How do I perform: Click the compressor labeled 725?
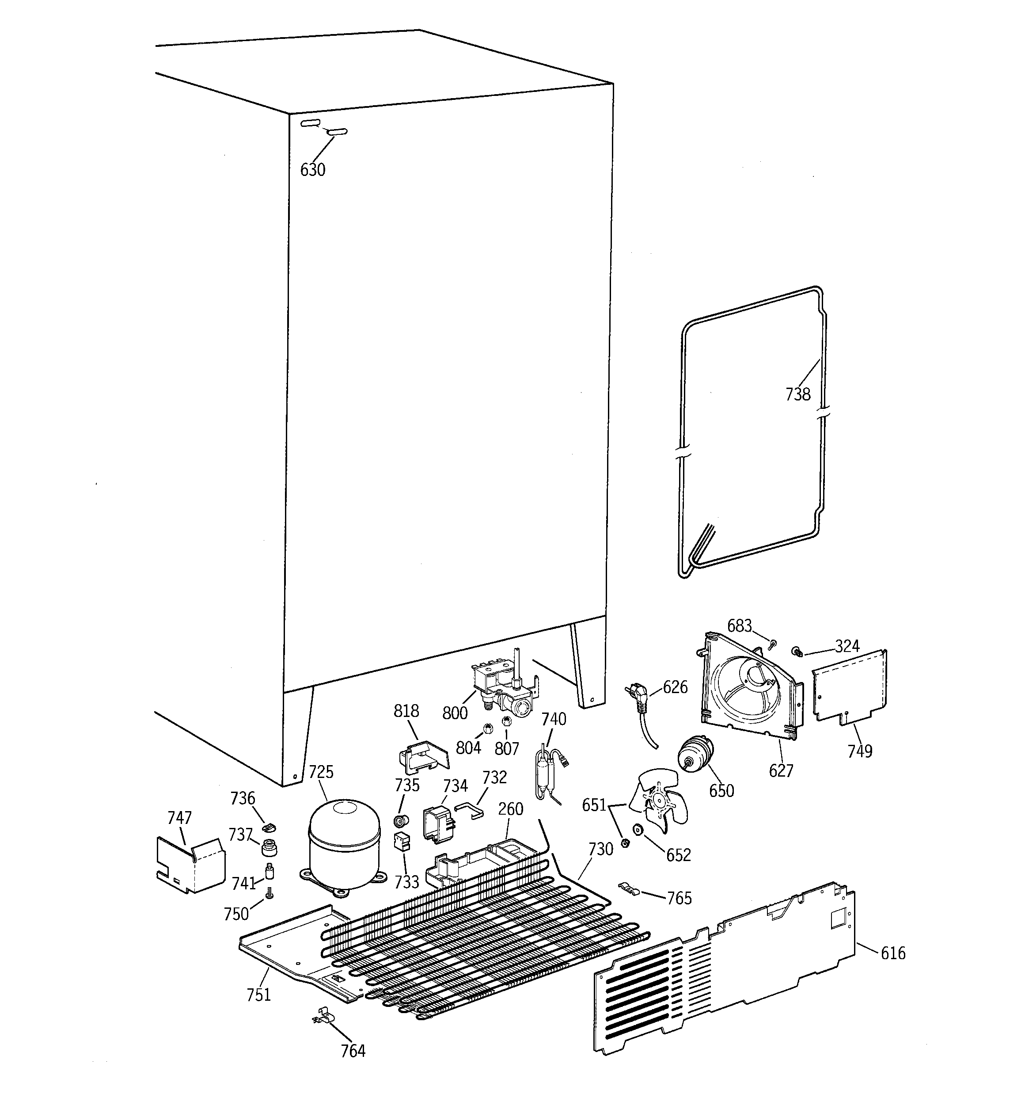click(x=344, y=845)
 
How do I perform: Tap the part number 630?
click(x=312, y=170)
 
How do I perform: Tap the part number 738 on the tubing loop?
click(x=798, y=394)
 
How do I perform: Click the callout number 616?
click(x=893, y=953)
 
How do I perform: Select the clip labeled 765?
click(x=627, y=887)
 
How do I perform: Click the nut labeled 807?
click(x=507, y=721)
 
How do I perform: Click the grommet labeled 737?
click(x=269, y=848)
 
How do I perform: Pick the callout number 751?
click(x=258, y=995)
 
